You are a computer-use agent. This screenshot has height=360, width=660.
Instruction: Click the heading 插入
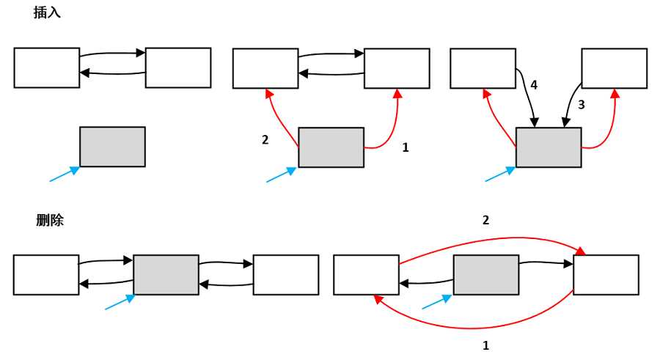pyautogui.click(x=47, y=12)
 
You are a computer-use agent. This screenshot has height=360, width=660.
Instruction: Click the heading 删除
pyautogui.click(x=50, y=220)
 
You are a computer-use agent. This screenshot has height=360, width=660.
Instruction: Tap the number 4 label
pyautogui.click(x=534, y=85)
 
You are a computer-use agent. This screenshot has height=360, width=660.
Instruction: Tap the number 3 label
pyautogui.click(x=581, y=105)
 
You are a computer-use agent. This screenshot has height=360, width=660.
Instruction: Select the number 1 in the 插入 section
pyautogui.click(x=406, y=147)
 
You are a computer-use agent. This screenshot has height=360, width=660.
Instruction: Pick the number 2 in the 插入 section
pyautogui.click(x=265, y=139)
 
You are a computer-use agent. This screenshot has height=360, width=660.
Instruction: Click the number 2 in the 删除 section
pyautogui.click(x=485, y=220)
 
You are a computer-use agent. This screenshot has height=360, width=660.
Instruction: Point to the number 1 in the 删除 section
pyautogui.click(x=485, y=345)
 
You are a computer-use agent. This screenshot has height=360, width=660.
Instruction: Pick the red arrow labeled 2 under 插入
pyautogui.click(x=279, y=121)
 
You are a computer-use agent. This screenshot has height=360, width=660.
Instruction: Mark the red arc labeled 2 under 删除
pyautogui.click(x=491, y=240)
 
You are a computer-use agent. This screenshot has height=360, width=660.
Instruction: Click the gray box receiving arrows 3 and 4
pyautogui.click(x=549, y=147)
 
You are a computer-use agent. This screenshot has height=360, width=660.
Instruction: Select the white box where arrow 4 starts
pyautogui.click(x=483, y=68)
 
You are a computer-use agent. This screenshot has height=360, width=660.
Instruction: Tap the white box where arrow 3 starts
pyautogui.click(x=615, y=68)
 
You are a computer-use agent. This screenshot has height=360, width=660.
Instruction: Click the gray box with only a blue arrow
pyautogui.click(x=112, y=147)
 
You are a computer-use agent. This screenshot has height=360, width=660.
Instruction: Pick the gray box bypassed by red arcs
pyautogui.click(x=486, y=275)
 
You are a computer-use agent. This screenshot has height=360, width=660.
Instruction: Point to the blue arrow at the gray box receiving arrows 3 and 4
pyautogui.click(x=500, y=174)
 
